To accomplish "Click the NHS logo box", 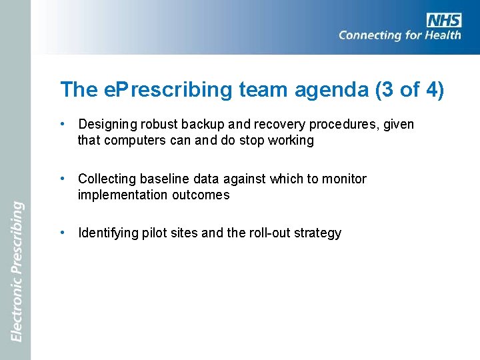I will [443, 20].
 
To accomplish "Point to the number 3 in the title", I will [389, 90].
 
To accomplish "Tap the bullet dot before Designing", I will [61, 124].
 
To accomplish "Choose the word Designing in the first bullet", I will [107, 125].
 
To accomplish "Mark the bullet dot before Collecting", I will [61, 179].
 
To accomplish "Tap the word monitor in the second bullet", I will [345, 179].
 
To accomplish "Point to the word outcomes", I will [199, 195].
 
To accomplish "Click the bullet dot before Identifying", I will [61, 233].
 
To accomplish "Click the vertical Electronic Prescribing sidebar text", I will [16, 271].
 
